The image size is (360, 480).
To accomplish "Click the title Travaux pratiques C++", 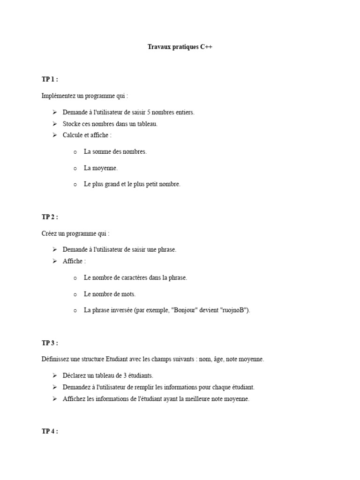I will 180,47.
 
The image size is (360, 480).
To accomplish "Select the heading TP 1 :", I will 50,79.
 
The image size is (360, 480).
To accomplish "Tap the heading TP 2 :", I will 50,217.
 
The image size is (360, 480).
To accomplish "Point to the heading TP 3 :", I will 50,343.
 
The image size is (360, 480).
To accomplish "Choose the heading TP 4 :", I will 50,431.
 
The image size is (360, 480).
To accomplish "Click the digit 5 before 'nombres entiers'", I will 149,112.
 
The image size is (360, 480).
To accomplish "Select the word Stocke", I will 72,124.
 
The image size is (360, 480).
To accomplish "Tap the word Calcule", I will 73,135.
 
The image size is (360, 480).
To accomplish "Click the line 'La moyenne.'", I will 101,168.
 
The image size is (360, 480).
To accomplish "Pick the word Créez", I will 49,233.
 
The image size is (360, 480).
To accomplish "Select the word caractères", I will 134,277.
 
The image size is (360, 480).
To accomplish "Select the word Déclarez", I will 75,375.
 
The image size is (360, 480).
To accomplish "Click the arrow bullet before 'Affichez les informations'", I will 54,399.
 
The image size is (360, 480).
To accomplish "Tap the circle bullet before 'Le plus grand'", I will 75,185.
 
